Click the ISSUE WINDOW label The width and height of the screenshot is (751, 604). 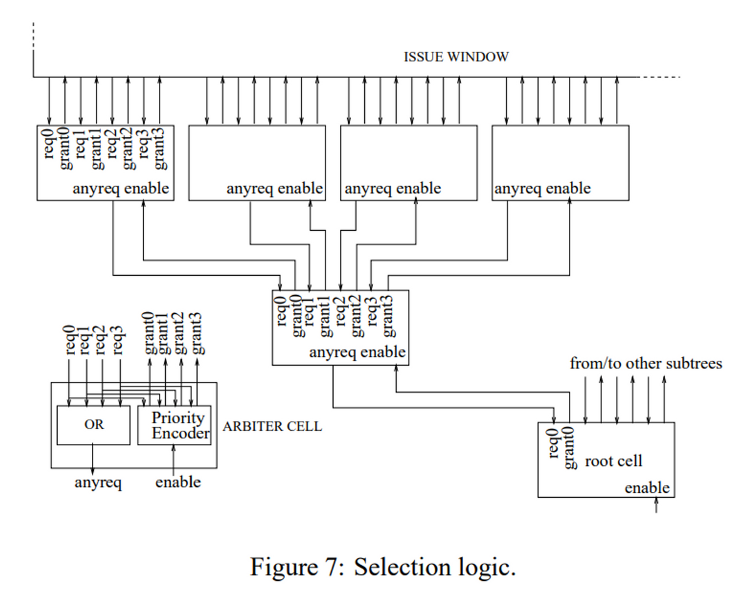pos(456,57)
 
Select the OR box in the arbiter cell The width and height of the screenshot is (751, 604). pos(93,425)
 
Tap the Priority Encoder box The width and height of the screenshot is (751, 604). pos(175,425)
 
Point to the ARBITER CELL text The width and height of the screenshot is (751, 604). pos(272,427)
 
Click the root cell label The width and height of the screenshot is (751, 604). pos(613,461)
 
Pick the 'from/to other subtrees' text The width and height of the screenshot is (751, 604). pos(646,363)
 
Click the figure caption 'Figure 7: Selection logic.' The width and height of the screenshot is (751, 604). pos(383,567)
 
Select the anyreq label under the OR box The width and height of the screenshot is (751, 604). pos(98,483)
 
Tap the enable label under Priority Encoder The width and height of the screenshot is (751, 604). pos(178,482)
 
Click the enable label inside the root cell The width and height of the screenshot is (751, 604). pos(647,488)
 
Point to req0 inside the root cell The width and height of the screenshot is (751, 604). pos(553,445)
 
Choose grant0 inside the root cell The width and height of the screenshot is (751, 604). pos(570,448)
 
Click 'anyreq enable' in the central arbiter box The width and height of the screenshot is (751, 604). pos(357,353)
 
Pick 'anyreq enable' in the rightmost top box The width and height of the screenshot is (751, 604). pos(542,188)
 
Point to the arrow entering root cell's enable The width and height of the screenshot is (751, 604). pos(655,506)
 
